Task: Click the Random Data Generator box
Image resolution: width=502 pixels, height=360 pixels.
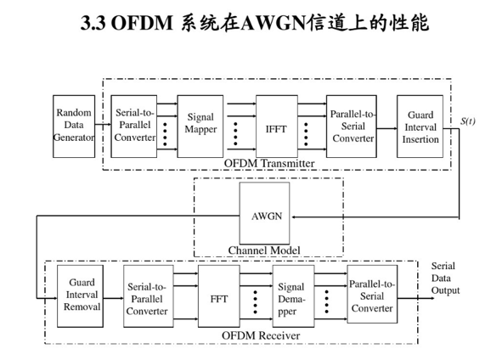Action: click(74, 127)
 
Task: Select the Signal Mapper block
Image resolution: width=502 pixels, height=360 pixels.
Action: click(200, 127)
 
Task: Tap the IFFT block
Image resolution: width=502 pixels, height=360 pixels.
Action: click(277, 127)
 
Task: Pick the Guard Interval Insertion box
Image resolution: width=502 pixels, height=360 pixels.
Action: click(420, 127)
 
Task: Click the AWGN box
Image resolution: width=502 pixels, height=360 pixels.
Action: click(265, 213)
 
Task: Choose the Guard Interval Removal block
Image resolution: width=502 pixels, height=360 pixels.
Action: click(81, 296)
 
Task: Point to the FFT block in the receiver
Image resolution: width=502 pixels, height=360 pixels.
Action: click(219, 296)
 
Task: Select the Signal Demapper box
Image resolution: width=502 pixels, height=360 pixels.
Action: click(293, 296)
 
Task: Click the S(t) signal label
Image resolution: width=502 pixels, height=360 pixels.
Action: click(468, 121)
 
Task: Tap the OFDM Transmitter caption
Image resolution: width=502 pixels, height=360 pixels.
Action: click(269, 163)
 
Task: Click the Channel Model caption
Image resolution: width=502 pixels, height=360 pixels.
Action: click(264, 250)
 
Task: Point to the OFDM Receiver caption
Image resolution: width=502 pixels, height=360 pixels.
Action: click(261, 335)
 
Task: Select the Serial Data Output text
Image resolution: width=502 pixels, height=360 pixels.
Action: click(445, 278)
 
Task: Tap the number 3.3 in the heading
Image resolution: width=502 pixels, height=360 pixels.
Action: click(93, 23)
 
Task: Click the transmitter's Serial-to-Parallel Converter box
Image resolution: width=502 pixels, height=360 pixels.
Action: click(134, 127)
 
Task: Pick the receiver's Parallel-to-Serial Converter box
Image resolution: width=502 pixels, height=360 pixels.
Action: click(372, 294)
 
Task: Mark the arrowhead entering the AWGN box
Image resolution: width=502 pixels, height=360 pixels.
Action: click(293, 217)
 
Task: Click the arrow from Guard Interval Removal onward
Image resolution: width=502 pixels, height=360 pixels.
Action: click(113, 298)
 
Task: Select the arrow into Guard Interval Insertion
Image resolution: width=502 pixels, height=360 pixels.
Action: click(386, 129)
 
